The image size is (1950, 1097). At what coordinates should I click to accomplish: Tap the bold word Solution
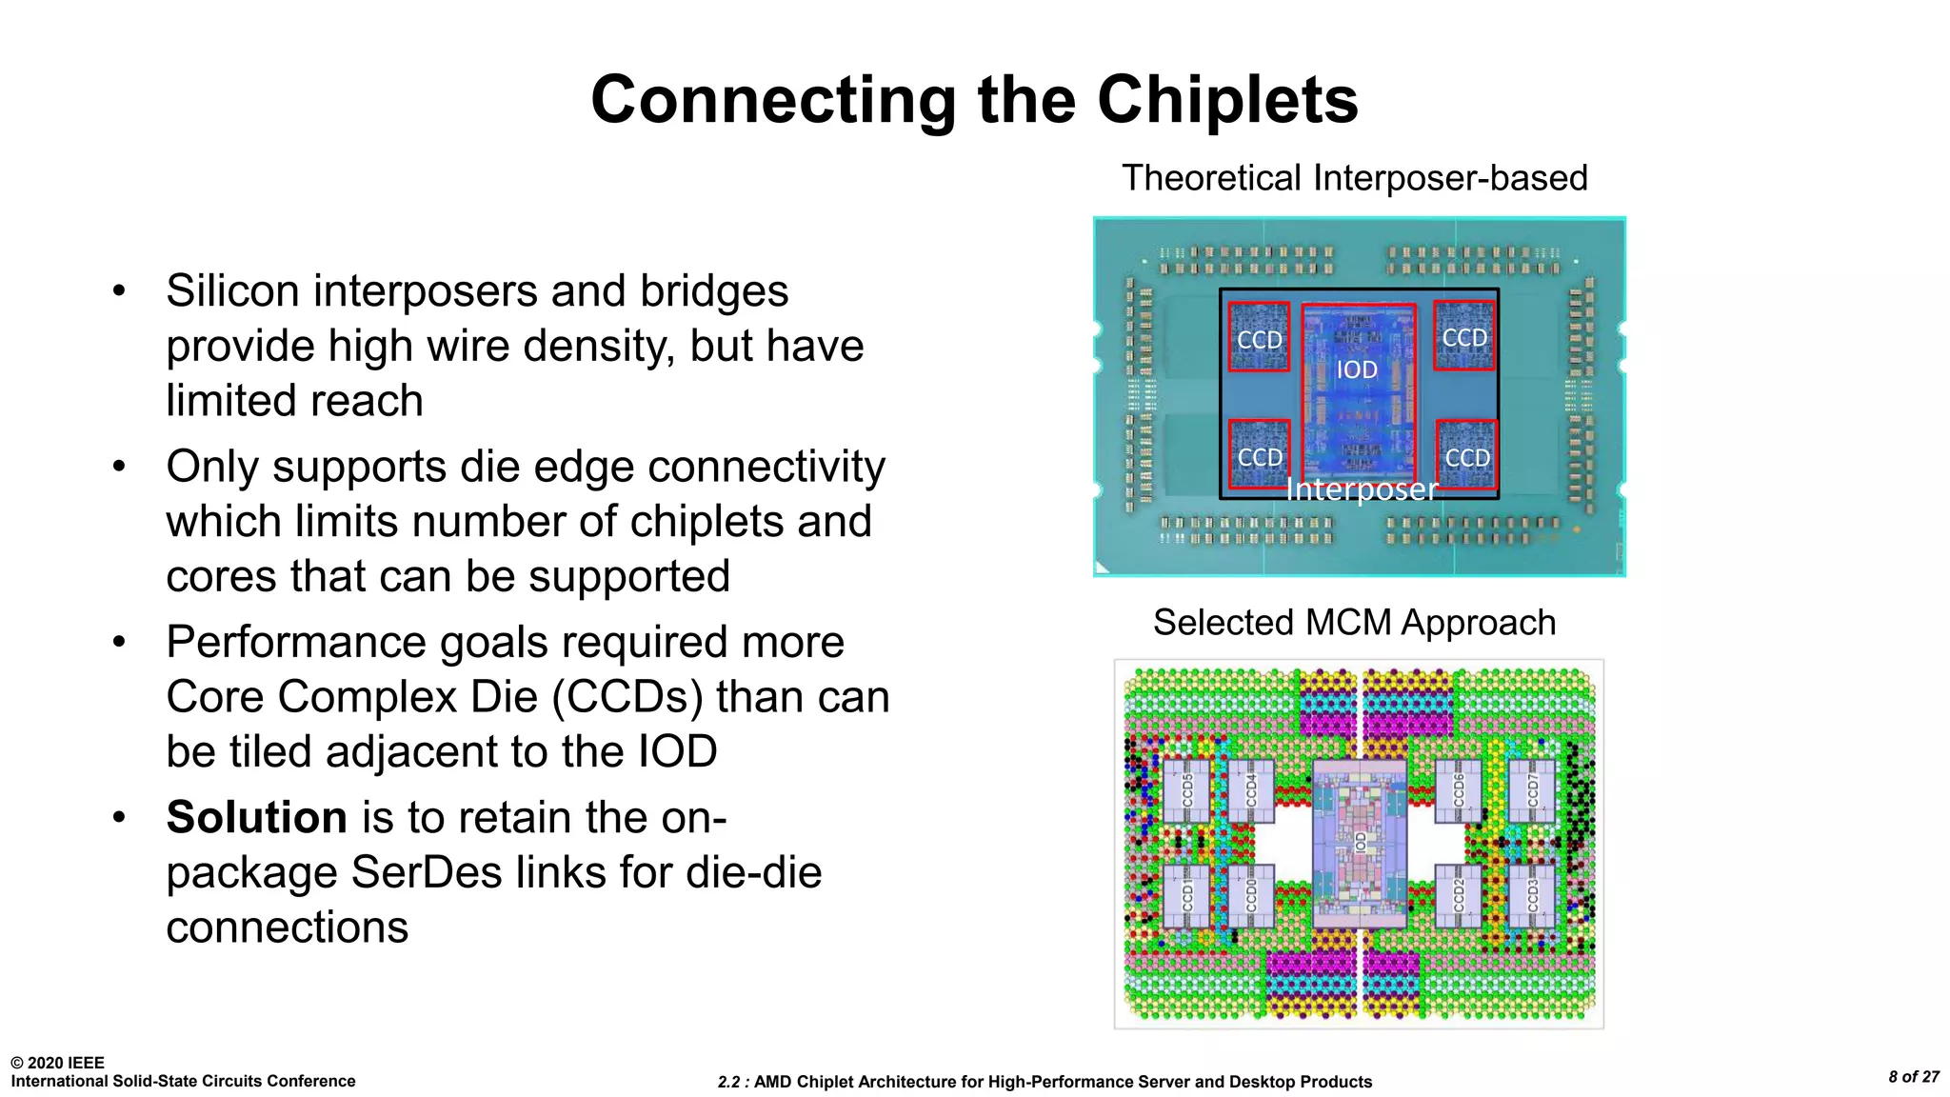click(x=256, y=817)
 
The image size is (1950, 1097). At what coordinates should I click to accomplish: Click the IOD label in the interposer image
click(x=1357, y=369)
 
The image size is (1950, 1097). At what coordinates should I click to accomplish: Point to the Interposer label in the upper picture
click(x=1361, y=489)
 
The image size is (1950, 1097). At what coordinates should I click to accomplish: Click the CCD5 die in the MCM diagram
click(x=1187, y=791)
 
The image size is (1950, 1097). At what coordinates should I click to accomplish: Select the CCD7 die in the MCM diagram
click(x=1532, y=791)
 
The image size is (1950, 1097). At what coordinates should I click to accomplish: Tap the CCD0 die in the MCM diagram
click(x=1251, y=895)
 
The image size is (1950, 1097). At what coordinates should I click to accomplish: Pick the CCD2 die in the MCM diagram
click(x=1458, y=895)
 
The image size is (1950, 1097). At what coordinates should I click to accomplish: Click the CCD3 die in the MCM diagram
click(x=1532, y=895)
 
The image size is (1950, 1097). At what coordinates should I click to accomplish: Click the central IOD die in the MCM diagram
click(x=1360, y=843)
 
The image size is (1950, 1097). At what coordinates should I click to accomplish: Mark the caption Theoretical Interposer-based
click(x=1354, y=178)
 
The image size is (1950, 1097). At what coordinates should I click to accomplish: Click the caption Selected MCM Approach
click(x=1354, y=623)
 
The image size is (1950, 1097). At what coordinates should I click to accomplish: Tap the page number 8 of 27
click(x=1913, y=1077)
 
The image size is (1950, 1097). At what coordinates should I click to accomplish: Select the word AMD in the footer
click(x=773, y=1082)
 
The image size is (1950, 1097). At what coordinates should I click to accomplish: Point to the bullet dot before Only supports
click(x=119, y=467)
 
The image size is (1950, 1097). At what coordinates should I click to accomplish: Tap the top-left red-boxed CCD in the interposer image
click(x=1259, y=337)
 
